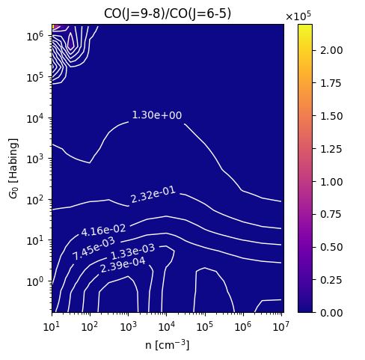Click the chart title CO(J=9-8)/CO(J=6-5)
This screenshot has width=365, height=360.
(168, 13)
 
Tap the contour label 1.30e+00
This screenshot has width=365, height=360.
(157, 115)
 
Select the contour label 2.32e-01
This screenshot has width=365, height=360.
(153, 195)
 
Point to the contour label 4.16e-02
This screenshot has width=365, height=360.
(103, 230)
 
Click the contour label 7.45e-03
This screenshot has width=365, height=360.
(93, 248)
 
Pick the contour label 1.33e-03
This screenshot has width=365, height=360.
(132, 252)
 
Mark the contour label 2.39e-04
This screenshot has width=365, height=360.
(123, 265)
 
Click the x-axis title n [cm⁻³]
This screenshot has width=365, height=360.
(168, 345)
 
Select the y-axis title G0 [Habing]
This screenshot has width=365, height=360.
(13, 168)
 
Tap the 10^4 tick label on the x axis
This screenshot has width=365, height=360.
(166, 326)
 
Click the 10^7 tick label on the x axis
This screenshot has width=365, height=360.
(281, 326)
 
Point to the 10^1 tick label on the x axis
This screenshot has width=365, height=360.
(52, 326)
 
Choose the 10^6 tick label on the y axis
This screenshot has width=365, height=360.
(35, 35)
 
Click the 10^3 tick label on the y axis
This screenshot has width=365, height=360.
(35, 159)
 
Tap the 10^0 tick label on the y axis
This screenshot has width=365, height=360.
(35, 281)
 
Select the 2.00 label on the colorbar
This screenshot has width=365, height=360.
(331, 50)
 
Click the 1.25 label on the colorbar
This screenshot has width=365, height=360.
(331, 149)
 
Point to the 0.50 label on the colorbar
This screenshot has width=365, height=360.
(331, 247)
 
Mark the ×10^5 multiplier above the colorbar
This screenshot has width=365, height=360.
(298, 16)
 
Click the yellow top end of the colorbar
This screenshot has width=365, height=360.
(305, 25)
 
